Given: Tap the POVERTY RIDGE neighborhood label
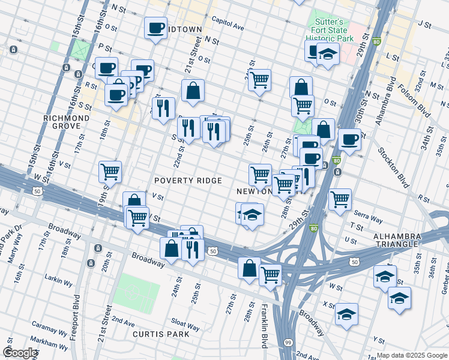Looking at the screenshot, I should [x=188, y=181].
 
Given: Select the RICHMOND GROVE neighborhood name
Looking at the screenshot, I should [x=66, y=122].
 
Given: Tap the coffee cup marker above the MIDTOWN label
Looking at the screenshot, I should [x=155, y=28].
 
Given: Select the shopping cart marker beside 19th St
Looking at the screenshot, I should [x=110, y=172].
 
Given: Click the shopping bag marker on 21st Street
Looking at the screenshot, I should [x=193, y=91].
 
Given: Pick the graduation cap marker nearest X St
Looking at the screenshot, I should [x=346, y=314].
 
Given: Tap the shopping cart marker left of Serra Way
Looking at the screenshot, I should [x=340, y=198].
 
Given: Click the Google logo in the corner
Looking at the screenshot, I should [x=20, y=352].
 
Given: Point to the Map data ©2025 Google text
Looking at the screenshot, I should [x=411, y=355].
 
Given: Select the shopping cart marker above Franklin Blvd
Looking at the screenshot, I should [x=270, y=275].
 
